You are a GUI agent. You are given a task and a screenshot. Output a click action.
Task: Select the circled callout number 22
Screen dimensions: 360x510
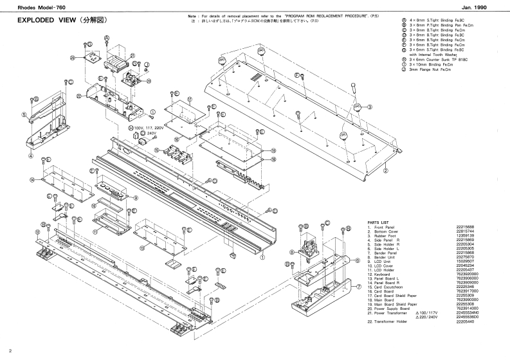pyautogui.click(x=78, y=96)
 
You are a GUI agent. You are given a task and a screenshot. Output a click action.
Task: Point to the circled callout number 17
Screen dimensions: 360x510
pyautogui.click(x=190, y=100)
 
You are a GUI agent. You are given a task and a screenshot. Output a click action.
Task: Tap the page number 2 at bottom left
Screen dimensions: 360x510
pyautogui.click(x=10, y=351)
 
